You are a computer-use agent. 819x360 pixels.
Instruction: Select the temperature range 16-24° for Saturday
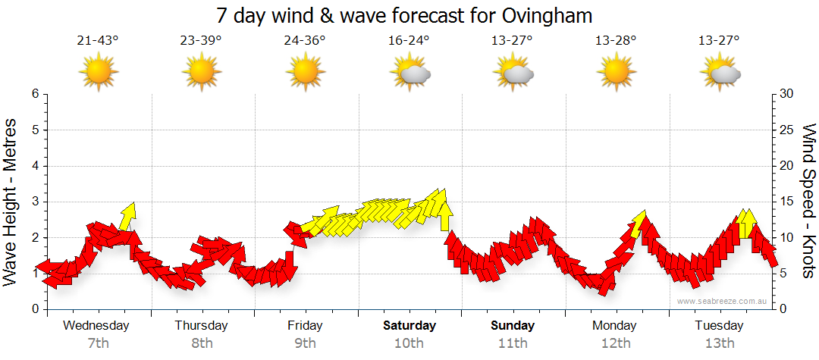(409, 40)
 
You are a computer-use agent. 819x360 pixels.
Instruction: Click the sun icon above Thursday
(201, 72)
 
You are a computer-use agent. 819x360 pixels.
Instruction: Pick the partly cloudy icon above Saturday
(409, 73)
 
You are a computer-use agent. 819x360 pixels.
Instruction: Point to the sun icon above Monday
(616, 72)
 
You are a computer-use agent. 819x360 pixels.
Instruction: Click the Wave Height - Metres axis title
(11, 202)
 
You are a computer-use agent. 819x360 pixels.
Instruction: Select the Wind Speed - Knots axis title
(808, 202)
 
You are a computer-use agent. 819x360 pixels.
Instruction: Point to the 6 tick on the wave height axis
(35, 94)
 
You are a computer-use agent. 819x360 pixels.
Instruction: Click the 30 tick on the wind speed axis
(787, 94)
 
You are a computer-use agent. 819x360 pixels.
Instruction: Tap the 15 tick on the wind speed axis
(787, 202)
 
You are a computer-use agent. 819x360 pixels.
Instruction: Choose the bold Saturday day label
(409, 326)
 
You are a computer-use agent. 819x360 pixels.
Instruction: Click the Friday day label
(305, 326)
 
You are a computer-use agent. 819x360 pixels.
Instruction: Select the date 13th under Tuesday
(720, 343)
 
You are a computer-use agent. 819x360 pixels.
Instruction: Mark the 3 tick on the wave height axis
(35, 202)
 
